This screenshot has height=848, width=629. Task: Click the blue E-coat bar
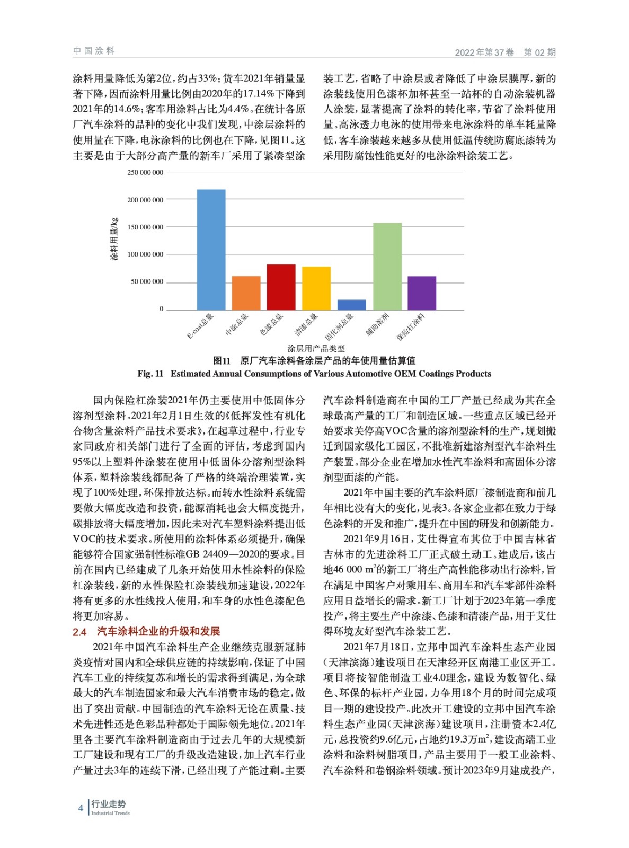pyautogui.click(x=211, y=249)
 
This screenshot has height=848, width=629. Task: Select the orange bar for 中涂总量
pyautogui.click(x=246, y=293)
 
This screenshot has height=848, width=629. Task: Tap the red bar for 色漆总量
pyautogui.click(x=281, y=287)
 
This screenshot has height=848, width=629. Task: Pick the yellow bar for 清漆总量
pyautogui.click(x=316, y=288)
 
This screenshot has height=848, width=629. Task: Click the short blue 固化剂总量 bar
pyautogui.click(x=351, y=305)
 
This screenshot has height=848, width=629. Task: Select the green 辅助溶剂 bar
pyautogui.click(x=387, y=266)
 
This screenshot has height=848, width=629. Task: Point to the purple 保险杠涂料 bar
pyautogui.click(x=422, y=293)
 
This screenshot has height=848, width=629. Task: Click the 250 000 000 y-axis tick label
pyautogui.click(x=145, y=173)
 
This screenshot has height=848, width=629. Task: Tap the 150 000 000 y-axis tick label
pyautogui.click(x=145, y=227)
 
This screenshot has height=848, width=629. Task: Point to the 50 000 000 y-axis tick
pyautogui.click(x=147, y=282)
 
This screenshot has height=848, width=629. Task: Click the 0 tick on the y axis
pyautogui.click(x=162, y=309)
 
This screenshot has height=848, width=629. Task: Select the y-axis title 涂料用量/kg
pyautogui.click(x=114, y=240)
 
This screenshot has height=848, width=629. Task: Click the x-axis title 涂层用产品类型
pyautogui.click(x=316, y=348)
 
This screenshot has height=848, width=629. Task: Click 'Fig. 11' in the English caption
pyautogui.click(x=150, y=374)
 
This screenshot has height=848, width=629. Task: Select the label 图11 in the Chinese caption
pyautogui.click(x=222, y=361)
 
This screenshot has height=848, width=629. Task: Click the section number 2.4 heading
pyautogui.click(x=79, y=632)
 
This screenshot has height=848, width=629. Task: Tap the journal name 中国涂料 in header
pyautogui.click(x=94, y=51)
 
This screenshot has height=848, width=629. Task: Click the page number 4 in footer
pyautogui.click(x=81, y=808)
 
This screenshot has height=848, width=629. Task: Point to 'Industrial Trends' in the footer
pyautogui.click(x=110, y=813)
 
